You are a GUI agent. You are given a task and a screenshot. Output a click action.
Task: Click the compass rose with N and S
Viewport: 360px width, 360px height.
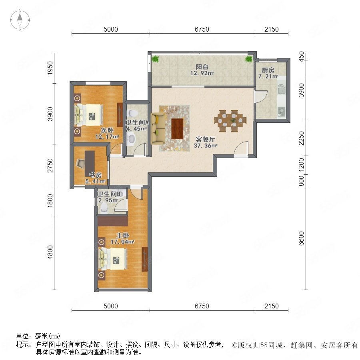click(x=20, y=20)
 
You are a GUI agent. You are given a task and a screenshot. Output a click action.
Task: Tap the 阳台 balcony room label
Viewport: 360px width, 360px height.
click(x=202, y=67)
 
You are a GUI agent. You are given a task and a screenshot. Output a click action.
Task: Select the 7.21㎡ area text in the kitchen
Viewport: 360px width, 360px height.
click(x=268, y=76)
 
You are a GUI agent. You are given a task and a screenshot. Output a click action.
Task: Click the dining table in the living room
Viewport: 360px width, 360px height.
click(x=230, y=121)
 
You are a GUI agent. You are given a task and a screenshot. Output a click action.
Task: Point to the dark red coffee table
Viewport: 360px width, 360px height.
click(x=177, y=128)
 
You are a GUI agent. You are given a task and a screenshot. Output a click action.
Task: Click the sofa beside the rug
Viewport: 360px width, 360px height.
click(x=158, y=128)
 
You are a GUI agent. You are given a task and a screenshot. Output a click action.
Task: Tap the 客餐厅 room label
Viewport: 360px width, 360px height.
click(x=205, y=139)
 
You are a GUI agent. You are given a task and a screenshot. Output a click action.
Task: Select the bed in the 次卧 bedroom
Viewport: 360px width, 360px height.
click(x=88, y=115)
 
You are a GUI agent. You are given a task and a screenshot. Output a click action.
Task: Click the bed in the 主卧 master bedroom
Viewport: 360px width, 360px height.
click(x=113, y=259)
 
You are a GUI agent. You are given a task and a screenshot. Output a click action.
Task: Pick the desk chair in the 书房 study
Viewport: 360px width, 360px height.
click(x=80, y=163)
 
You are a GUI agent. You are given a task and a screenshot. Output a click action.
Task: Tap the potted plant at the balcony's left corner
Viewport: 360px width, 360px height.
click(x=156, y=59)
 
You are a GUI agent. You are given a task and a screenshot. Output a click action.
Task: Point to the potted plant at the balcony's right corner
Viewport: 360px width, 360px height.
click(x=249, y=59)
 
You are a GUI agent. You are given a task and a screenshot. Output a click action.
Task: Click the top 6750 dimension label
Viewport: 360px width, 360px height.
click(x=202, y=29)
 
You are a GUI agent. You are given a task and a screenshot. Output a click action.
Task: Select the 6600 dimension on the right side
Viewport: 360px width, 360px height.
click(x=302, y=238)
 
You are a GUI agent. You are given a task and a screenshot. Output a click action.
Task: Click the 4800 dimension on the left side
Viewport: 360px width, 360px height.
click(x=50, y=252)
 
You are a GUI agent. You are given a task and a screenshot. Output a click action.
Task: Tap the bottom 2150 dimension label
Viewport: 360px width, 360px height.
click(x=271, y=306)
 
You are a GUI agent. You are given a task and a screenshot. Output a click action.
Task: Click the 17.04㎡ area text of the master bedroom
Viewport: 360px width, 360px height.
click(x=123, y=242)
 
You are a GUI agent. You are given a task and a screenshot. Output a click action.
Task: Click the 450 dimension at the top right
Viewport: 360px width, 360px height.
click(x=302, y=56)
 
